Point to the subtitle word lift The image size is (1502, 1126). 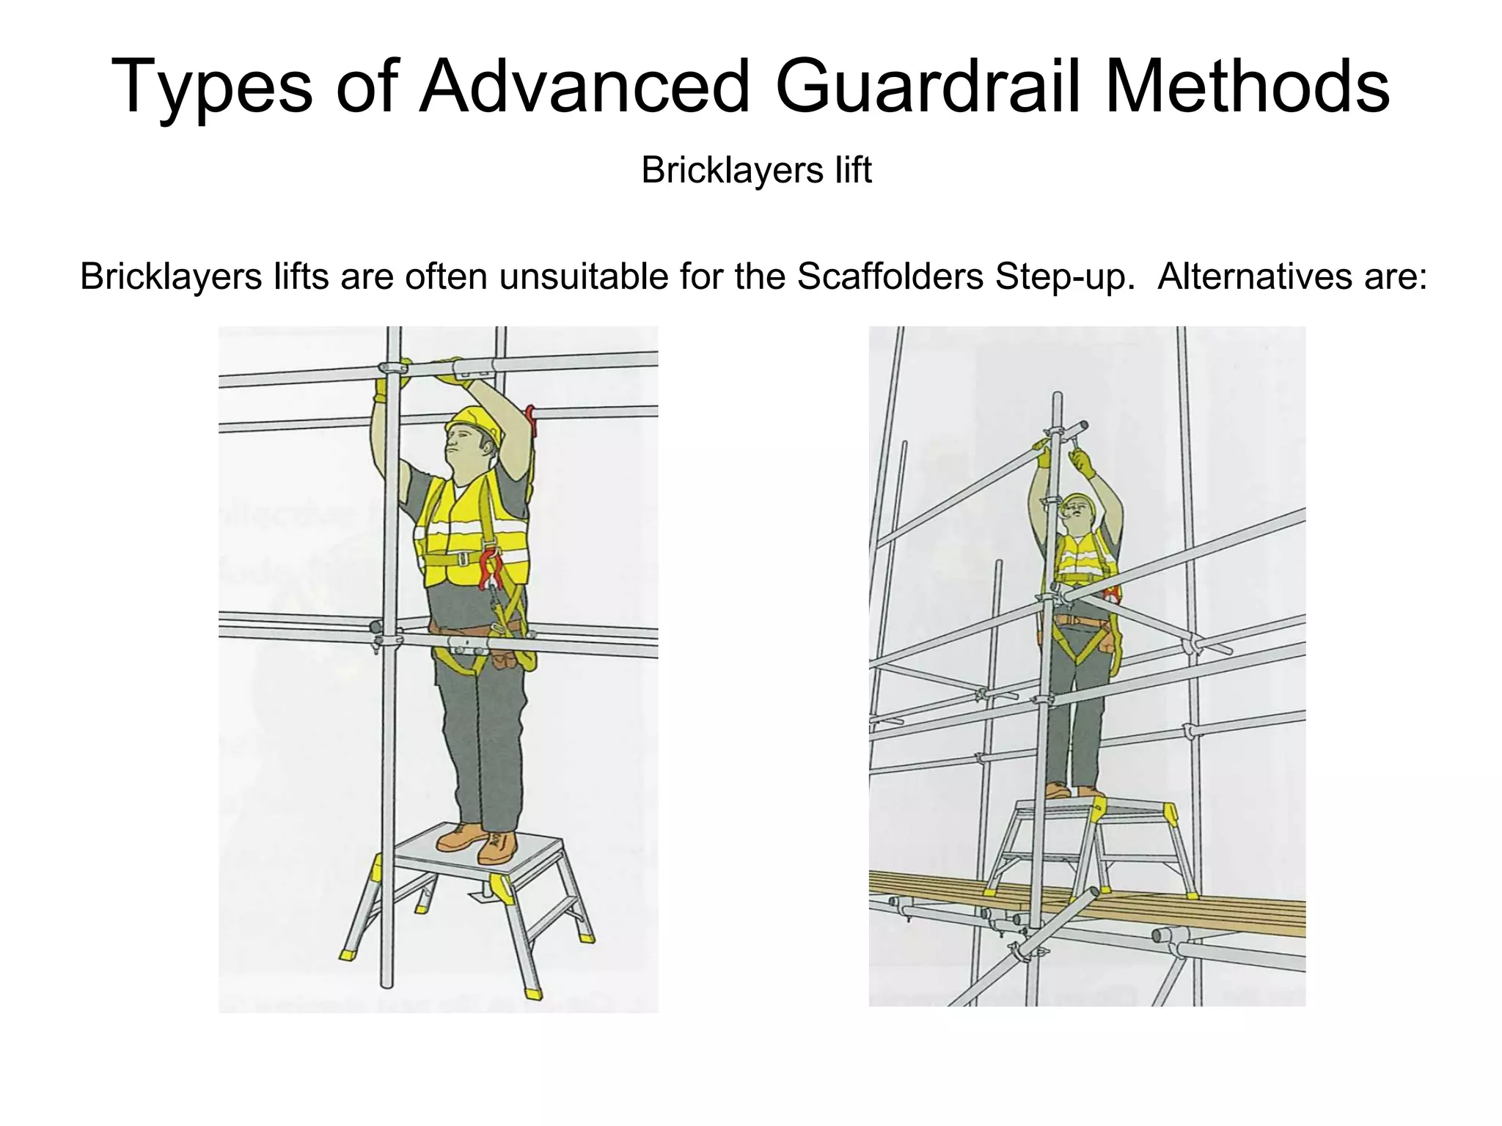click(x=854, y=170)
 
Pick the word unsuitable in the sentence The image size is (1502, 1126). click(x=583, y=276)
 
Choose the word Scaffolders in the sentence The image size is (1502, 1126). click(x=890, y=276)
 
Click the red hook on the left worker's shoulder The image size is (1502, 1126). click(x=530, y=419)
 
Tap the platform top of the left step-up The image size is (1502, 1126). click(x=477, y=858)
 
